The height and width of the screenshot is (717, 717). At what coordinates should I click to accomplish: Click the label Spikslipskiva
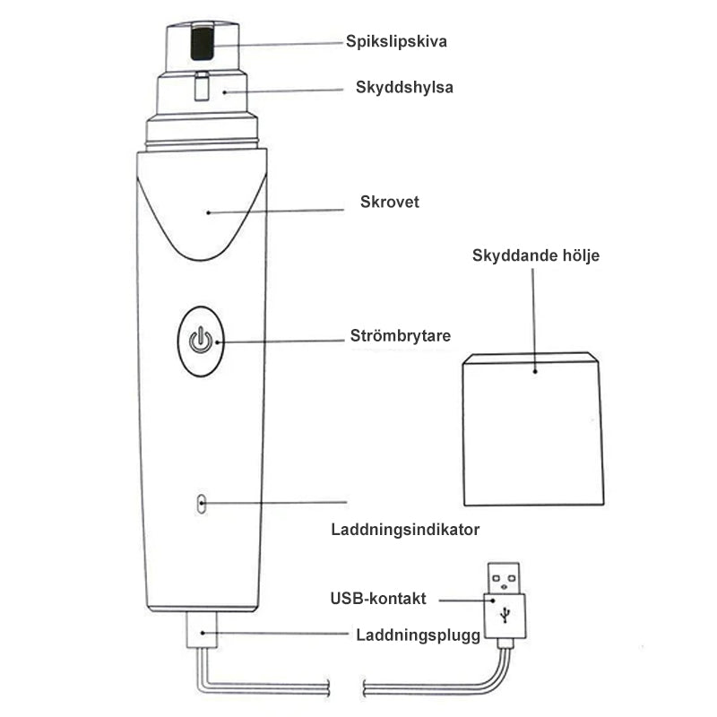coord(397,41)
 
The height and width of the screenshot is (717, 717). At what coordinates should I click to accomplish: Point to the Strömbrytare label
coord(400,338)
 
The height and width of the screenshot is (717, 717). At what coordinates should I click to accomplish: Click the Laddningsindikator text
coord(405,530)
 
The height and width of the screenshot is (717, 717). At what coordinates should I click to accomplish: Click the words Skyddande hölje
coord(536,255)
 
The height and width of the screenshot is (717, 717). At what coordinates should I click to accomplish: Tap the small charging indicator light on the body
coord(202,504)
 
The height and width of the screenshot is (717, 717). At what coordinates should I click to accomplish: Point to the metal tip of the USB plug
coord(505,574)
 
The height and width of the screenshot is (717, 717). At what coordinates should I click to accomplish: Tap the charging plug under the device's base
coord(202,633)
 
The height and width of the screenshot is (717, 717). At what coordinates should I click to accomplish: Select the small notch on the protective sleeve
coord(203,88)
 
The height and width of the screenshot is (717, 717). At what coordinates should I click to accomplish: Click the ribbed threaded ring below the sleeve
coord(203,134)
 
